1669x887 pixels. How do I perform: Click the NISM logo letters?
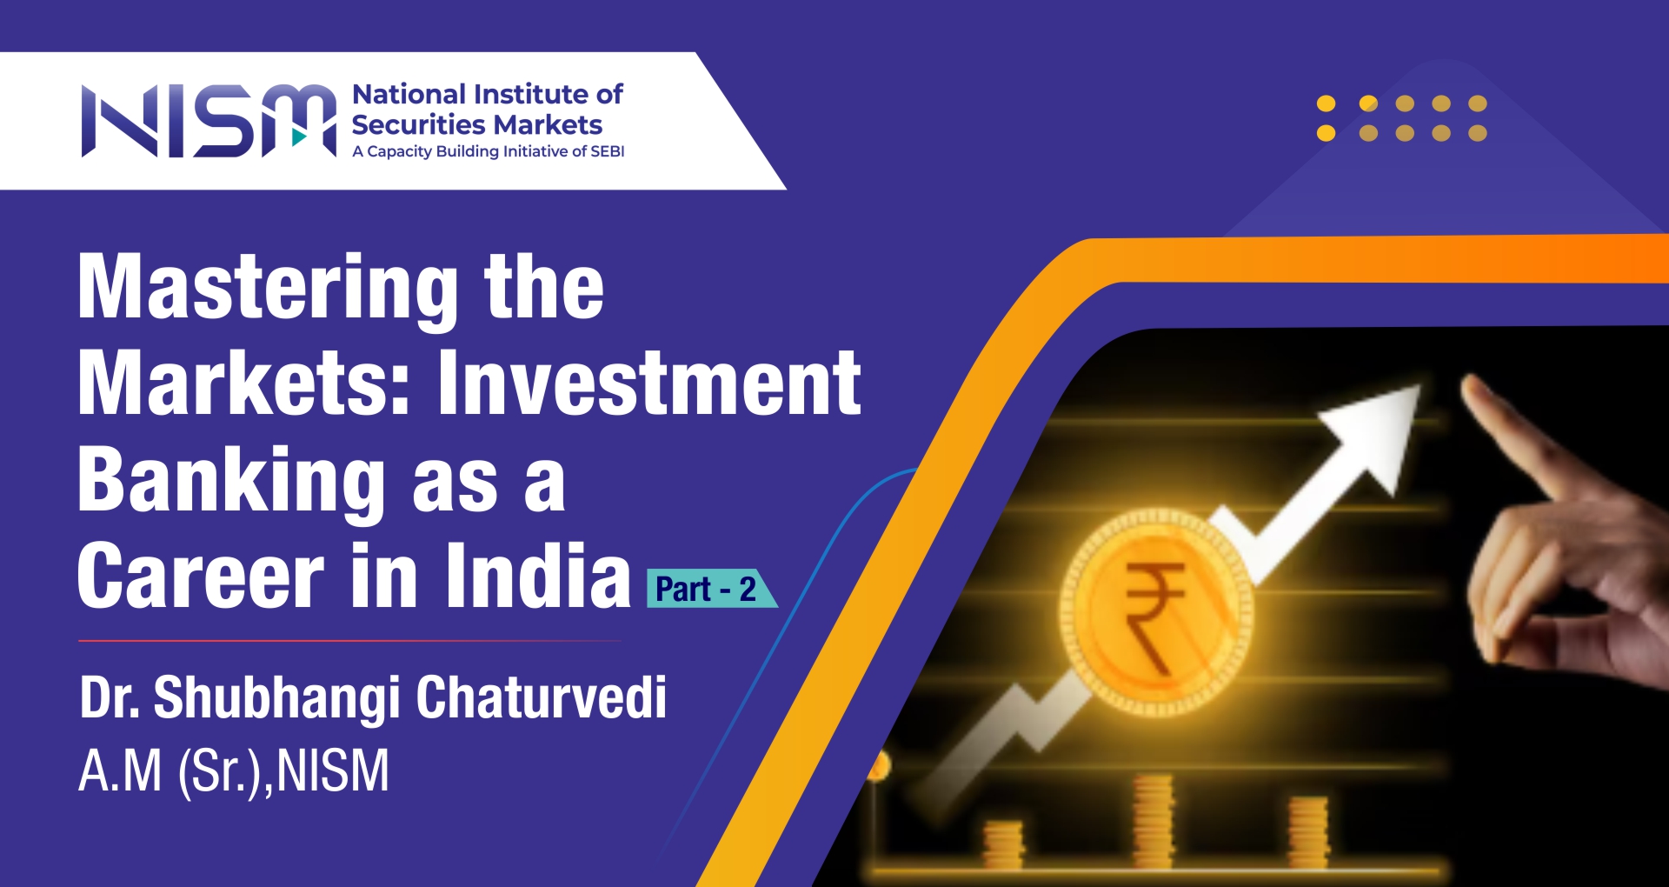209,121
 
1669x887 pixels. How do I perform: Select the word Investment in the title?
649,382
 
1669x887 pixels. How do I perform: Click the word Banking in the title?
231,481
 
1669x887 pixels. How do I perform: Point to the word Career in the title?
201,576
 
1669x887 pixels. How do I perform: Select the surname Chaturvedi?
542,697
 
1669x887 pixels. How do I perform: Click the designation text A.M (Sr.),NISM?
234,771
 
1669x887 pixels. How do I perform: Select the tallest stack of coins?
1154,821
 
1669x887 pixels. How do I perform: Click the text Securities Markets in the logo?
477,125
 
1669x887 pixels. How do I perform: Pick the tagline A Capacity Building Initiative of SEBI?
489,151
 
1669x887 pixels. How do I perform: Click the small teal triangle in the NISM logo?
300,137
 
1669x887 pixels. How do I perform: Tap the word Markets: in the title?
244,383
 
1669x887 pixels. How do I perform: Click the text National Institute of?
488,94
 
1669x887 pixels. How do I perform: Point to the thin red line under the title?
349,641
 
